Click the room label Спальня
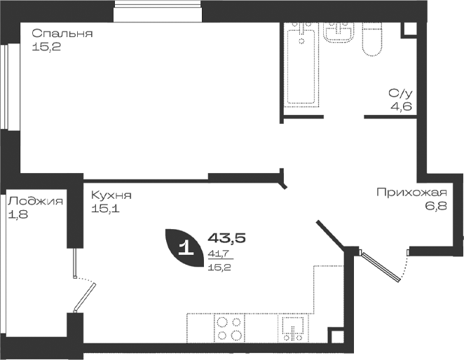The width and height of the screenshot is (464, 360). pyautogui.click(x=62, y=34)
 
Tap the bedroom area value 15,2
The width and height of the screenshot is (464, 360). pyautogui.click(x=46, y=47)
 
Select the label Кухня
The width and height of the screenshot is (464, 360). pyautogui.click(x=111, y=195)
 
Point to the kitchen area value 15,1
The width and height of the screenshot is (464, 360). pyautogui.click(x=105, y=209)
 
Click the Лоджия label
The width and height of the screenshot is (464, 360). pyautogui.click(x=35, y=202)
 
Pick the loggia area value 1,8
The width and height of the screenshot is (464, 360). pyautogui.click(x=18, y=214)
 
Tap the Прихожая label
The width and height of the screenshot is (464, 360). pyautogui.click(x=411, y=193)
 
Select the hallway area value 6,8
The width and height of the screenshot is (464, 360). pyautogui.click(x=436, y=206)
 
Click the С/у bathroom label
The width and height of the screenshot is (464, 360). pyautogui.click(x=400, y=93)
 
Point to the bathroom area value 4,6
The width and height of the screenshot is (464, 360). pyautogui.click(x=401, y=106)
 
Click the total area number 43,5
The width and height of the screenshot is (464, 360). pyautogui.click(x=227, y=237)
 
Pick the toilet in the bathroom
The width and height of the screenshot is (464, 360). pyautogui.click(x=372, y=39)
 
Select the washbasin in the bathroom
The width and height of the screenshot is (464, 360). pyautogui.click(x=339, y=32)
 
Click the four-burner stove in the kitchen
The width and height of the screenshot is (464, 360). pyautogui.click(x=229, y=328)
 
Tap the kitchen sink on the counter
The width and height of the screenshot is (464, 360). pyautogui.click(x=293, y=329)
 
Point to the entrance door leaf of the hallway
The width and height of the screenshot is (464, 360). pyautogui.click(x=381, y=267)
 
